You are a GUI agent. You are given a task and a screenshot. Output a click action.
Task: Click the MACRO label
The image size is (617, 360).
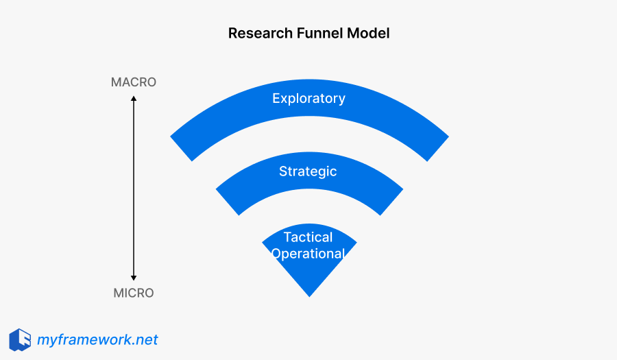pos(134,82)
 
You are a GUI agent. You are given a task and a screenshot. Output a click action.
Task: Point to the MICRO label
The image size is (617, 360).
pos(134,293)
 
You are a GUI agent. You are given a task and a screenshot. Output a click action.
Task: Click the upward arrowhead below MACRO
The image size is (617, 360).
pos(134,99)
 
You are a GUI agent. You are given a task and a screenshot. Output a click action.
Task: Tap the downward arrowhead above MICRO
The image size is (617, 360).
pos(134,277)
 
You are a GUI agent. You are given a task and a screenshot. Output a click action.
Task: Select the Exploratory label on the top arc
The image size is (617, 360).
pos(308,98)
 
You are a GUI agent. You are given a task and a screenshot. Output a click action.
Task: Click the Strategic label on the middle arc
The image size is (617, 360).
pos(308,171)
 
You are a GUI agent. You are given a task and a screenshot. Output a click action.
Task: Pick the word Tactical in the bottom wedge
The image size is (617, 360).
pos(308,237)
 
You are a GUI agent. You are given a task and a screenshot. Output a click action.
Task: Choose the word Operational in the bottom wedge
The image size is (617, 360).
pos(308,254)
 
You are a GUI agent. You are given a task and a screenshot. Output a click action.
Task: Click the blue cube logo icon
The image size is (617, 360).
pos(20,339)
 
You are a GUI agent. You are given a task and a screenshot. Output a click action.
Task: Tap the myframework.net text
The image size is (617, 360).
pos(97,339)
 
